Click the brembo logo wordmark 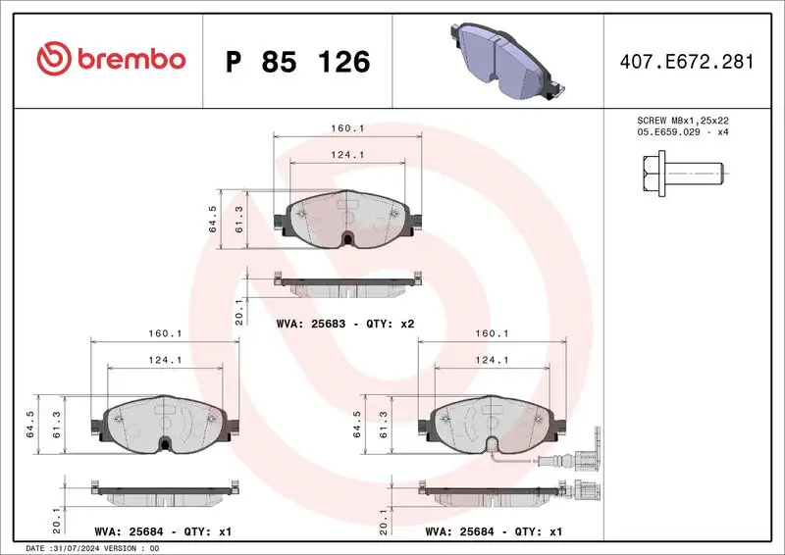tap(111, 60)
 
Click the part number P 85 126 tap(297, 62)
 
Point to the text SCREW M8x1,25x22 tap(682, 120)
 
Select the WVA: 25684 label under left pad tap(163, 531)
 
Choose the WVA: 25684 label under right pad tap(493, 531)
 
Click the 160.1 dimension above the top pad tap(348, 128)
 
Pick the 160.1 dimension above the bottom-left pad tap(163, 332)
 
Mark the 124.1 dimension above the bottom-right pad tap(492, 359)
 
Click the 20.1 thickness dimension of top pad tap(239, 311)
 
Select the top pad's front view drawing tap(348, 221)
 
